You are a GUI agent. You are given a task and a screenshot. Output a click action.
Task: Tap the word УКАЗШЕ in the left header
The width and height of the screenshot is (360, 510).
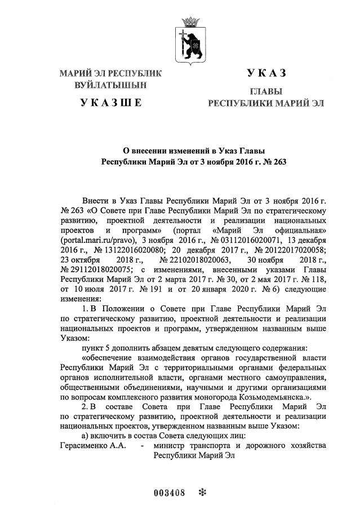pyautogui.click(x=110, y=103)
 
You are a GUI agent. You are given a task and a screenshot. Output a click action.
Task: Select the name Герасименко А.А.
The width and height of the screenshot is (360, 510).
pyautogui.click(x=90, y=446)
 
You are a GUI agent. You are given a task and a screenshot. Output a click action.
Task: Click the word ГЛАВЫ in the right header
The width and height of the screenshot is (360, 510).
pyautogui.click(x=266, y=91)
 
